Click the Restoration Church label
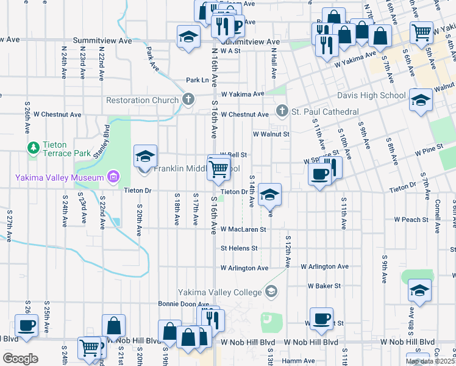tap(144, 100)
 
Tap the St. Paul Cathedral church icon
tap(281, 111)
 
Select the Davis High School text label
tap(371, 95)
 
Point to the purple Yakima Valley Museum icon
tap(113, 178)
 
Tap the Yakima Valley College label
tap(219, 292)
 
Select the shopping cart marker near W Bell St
tap(219, 170)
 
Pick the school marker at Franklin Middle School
tap(145, 157)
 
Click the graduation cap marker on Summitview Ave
tap(188, 37)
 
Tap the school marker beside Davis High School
tap(419, 99)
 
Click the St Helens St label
tap(239, 248)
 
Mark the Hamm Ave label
tap(298, 361)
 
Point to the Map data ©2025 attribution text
tap(430, 361)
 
